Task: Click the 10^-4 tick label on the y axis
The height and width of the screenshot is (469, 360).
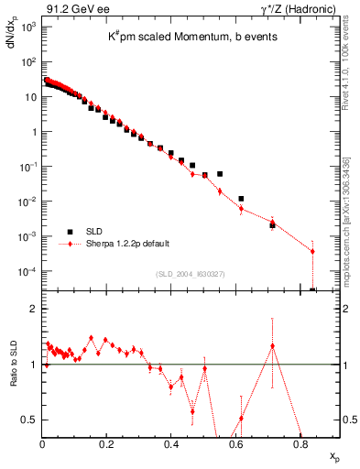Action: tap(27, 272)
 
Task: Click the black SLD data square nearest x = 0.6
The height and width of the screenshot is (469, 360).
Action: tap(241, 199)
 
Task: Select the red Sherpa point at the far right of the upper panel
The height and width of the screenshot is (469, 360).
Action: tap(312, 251)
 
